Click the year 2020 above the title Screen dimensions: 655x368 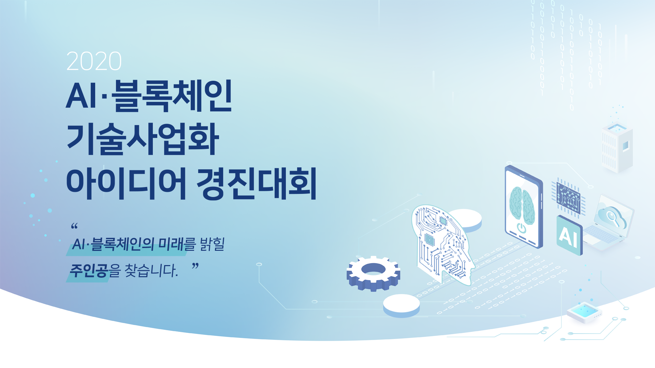[94, 61]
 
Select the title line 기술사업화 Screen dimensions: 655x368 [143, 139]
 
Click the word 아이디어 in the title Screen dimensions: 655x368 [126, 183]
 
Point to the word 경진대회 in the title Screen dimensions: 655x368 [257, 183]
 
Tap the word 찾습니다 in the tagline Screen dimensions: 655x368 [151, 271]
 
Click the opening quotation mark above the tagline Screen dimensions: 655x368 [74, 226]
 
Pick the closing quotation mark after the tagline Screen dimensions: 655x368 [195, 266]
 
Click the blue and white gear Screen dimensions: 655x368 [373, 273]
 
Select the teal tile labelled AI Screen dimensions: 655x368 [569, 235]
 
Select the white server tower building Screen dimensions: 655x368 [617, 148]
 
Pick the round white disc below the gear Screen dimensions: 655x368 [401, 305]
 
